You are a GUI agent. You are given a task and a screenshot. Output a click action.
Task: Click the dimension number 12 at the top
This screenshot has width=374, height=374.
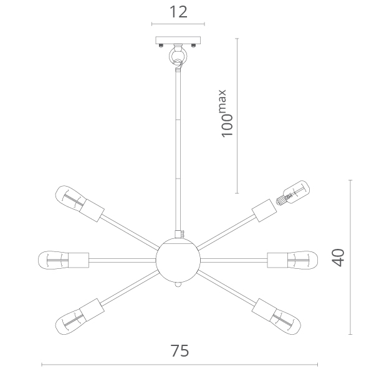pos(178,12)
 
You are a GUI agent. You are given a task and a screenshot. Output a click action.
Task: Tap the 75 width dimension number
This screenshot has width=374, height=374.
pos(180,350)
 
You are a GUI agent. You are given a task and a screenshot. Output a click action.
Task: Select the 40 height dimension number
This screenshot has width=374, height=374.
pos(338,258)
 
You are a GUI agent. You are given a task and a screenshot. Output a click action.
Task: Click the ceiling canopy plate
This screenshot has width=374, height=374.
pos(178,40)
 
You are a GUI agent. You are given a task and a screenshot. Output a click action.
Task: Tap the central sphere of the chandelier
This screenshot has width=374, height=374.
pos(178,259)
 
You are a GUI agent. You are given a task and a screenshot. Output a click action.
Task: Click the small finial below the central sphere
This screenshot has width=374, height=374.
pos(178,284)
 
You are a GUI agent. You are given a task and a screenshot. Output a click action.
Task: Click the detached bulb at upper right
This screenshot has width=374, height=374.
pos(293,193)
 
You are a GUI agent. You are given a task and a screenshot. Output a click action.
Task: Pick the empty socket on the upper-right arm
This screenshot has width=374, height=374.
pos(264,210)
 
